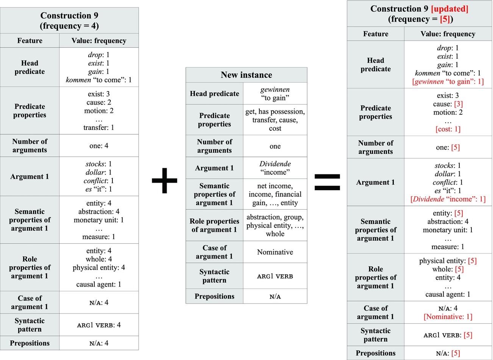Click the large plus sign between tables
tap(164, 180)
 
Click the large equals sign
tap(327, 182)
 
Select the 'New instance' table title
tap(246, 75)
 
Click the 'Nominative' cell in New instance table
tap(275, 252)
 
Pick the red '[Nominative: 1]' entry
tap(448, 317)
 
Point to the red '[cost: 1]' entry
tap(448, 129)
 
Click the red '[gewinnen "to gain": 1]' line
tap(448, 81)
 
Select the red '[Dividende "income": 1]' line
tap(448, 199)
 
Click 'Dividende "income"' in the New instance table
tap(275, 168)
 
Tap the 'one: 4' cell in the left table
tap(99, 146)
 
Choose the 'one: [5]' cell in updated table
tap(448, 147)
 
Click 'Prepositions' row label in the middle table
tap(214, 296)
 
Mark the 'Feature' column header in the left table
tap(30, 41)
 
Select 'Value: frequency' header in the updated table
tap(448, 34)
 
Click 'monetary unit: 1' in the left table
tap(99, 220)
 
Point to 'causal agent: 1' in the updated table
tap(448, 294)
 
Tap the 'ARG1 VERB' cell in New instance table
tap(275, 276)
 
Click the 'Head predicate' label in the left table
tap(30, 67)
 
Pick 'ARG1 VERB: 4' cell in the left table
tap(99, 325)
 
